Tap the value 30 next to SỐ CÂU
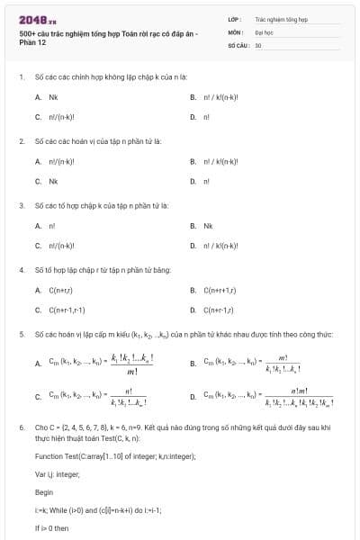[x=258, y=44]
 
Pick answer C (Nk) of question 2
[x=53, y=181]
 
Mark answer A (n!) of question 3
[x=51, y=225]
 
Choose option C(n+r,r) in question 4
[x=60, y=290]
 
